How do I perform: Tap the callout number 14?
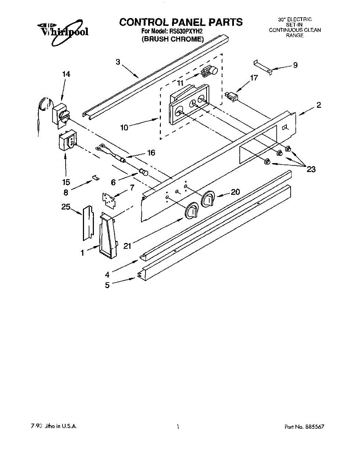pos(66,74)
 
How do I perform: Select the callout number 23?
pos(311,169)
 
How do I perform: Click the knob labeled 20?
pos(208,199)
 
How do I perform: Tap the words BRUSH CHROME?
pos(173,39)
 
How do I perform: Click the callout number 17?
pos(254,78)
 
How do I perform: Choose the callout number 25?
pos(66,206)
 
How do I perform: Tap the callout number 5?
pos(107,285)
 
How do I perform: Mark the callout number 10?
pos(124,127)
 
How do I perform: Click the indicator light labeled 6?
pos(143,173)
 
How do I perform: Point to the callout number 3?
pos(118,62)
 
